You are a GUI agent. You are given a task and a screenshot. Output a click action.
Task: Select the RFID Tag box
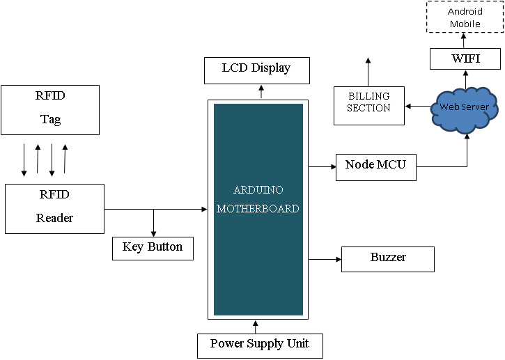50,109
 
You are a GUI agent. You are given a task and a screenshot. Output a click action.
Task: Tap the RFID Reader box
54,208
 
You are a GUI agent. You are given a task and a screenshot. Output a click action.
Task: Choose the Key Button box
153,248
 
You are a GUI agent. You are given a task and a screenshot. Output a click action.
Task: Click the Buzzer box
388,259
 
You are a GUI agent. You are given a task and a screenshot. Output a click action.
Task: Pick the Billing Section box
369,106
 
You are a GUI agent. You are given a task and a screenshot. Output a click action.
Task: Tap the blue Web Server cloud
465,108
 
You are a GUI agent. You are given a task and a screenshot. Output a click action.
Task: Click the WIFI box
465,59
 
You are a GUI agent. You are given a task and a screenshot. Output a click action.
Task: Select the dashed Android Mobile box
465,17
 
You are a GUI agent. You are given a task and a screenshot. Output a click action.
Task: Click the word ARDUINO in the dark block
258,190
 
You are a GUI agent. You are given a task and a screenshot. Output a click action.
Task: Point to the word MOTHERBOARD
258,208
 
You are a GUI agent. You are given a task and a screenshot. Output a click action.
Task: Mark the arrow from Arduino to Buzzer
325,260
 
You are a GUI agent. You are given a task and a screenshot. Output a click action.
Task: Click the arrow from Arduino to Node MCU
322,167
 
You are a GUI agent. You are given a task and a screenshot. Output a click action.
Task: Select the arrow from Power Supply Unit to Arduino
256,327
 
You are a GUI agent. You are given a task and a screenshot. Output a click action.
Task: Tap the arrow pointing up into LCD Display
262,91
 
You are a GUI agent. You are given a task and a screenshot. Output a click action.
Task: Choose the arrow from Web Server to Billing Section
419,106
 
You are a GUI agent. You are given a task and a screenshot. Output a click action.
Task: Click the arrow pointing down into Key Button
153,223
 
